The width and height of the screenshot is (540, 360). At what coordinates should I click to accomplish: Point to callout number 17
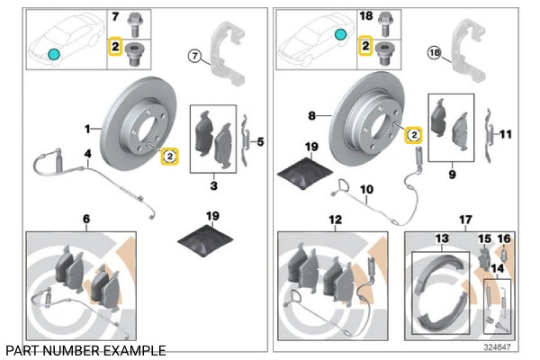(464, 219)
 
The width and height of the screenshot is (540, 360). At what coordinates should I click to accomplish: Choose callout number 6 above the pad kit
(86, 219)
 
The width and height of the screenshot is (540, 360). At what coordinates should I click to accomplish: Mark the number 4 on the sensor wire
(87, 155)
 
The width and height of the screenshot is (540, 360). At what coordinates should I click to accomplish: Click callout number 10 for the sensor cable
(366, 190)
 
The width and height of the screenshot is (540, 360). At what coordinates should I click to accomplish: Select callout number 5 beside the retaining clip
(260, 141)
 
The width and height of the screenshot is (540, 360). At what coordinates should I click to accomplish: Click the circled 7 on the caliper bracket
(193, 56)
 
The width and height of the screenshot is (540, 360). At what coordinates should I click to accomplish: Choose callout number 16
(504, 238)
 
